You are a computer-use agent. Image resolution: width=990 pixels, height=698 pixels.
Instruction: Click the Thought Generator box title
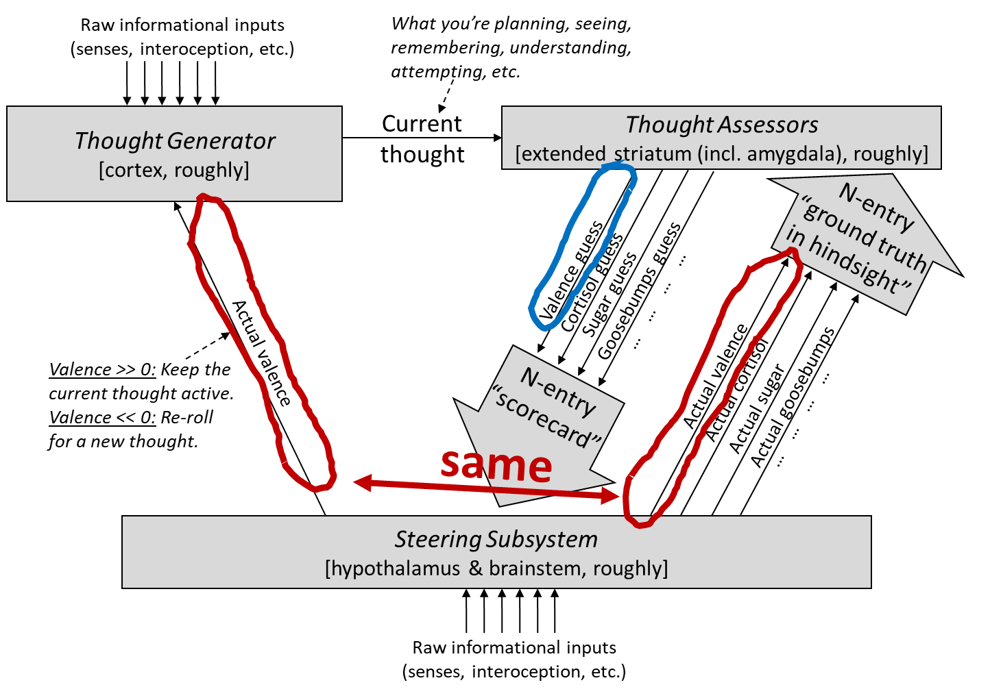[175, 140]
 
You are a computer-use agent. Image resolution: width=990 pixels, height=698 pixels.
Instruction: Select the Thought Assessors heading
[721, 125]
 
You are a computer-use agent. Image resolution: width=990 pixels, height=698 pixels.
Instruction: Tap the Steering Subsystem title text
[496, 539]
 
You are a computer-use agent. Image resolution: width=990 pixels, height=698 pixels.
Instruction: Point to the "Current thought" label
[422, 139]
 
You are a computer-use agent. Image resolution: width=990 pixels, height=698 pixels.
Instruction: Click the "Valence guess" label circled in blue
[572, 270]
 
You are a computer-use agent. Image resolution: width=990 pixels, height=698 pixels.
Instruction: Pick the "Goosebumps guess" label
[639, 290]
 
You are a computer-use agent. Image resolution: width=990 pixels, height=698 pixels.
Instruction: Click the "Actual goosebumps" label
[793, 397]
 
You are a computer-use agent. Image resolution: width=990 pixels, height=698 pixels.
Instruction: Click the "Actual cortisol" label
[736, 390]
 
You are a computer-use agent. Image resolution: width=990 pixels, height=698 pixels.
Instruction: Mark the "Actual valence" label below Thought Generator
[261, 353]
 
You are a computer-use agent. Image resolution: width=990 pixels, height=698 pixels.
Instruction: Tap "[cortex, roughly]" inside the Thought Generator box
[174, 170]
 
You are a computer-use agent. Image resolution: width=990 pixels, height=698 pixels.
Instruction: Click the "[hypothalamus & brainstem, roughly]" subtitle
[496, 569]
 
